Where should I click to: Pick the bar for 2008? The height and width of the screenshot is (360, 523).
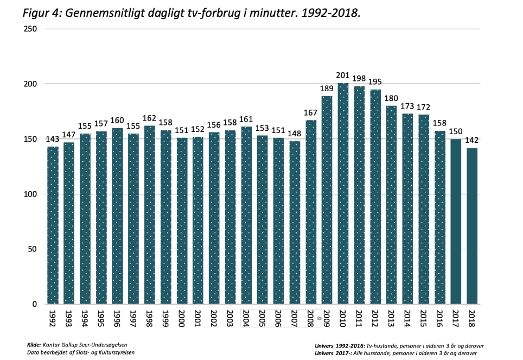[311, 212]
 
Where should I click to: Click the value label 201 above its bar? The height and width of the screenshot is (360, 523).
[342, 76]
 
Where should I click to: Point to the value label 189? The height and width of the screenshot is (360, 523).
[327, 89]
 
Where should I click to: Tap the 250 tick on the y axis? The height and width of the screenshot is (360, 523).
[30, 29]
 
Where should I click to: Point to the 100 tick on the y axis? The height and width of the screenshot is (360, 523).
[30, 194]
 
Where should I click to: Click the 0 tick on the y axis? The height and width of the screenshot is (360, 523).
[34, 305]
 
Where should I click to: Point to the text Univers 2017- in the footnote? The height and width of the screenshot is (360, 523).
[335, 353]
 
